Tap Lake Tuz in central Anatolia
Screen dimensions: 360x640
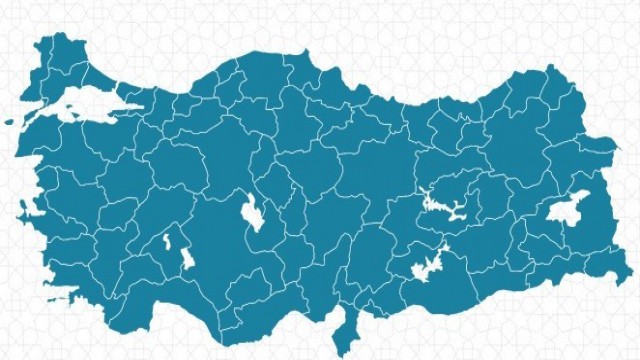point(253,213)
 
